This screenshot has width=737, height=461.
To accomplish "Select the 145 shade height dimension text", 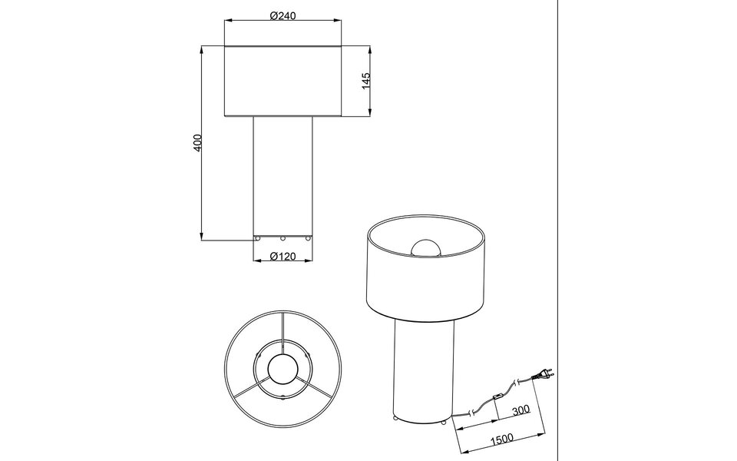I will click(366, 81).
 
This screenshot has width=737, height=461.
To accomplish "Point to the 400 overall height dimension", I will click(197, 143).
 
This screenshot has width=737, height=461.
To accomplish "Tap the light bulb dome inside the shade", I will click(425, 247).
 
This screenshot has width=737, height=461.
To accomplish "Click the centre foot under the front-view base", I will click(283, 238).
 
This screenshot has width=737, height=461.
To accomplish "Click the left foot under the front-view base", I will click(258, 238).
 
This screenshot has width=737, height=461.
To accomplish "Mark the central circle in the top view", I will click(283, 370).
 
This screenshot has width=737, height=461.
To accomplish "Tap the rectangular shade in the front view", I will click(283, 81).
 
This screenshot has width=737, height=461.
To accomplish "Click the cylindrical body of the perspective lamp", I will click(425, 369).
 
